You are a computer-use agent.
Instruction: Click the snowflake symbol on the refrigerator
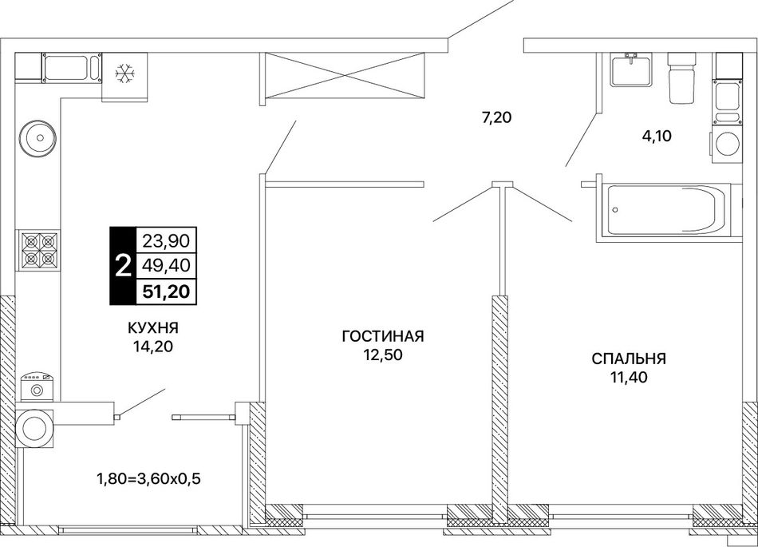click(x=124, y=74)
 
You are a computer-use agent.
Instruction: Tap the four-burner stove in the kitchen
click(x=38, y=250)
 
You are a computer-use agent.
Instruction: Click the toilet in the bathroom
click(x=681, y=78)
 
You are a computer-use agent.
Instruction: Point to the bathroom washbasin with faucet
click(x=631, y=69)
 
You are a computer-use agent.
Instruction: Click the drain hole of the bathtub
click(x=616, y=209)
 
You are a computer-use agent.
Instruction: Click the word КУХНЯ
click(x=152, y=328)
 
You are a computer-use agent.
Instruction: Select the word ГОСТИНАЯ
click(x=383, y=335)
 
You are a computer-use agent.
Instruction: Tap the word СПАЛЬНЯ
click(x=629, y=359)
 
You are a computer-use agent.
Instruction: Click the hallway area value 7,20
click(x=496, y=117)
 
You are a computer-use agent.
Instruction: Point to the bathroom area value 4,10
click(x=657, y=137)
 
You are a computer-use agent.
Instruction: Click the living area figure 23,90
click(x=166, y=240)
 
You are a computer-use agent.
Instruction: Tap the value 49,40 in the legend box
click(x=166, y=265)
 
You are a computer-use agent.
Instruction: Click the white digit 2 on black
click(x=124, y=265)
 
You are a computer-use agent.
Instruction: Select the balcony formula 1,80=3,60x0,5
click(x=149, y=479)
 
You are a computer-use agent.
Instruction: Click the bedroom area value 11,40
click(x=629, y=377)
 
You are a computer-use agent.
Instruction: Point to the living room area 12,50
click(x=383, y=355)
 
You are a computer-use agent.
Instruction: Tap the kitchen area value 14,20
click(x=153, y=347)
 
